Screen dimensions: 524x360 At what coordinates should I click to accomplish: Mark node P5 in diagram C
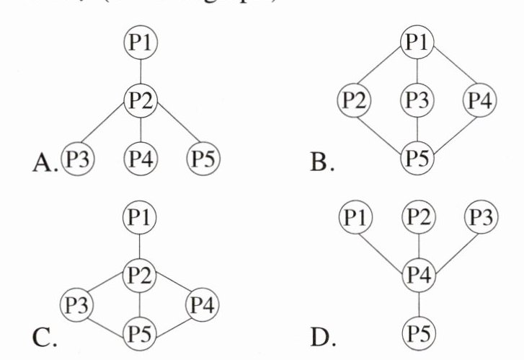click(141, 333)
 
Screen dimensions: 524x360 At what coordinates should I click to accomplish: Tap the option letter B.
click(320, 164)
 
